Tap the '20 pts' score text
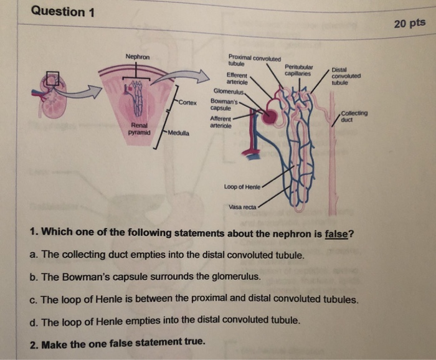click(x=409, y=23)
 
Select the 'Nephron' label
click(x=137, y=57)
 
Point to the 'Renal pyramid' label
click(x=138, y=128)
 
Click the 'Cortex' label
click(x=187, y=102)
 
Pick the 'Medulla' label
click(x=179, y=133)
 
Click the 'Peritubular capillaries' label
click(x=298, y=70)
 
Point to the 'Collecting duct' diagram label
click(x=355, y=116)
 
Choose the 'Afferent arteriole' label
click(x=222, y=121)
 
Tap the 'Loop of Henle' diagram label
click(x=242, y=186)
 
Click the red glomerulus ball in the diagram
click(x=270, y=117)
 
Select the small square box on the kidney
click(x=52, y=78)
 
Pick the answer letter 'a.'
click(x=34, y=255)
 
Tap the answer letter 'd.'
click(x=34, y=321)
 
